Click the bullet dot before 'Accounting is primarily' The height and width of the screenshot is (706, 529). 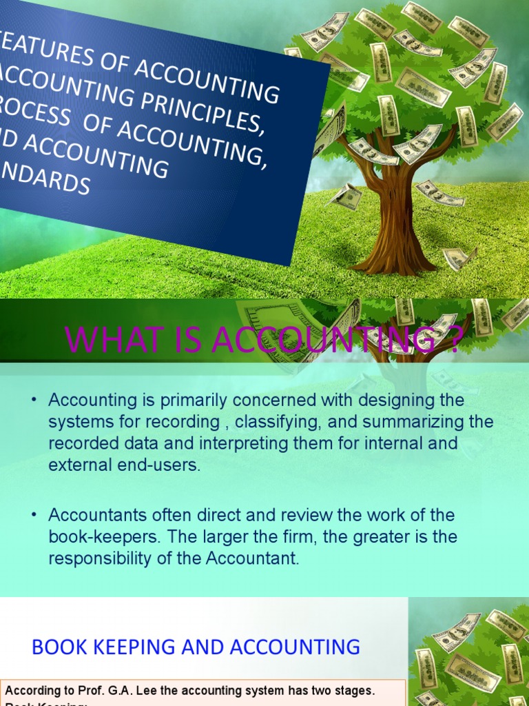(x=34, y=401)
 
